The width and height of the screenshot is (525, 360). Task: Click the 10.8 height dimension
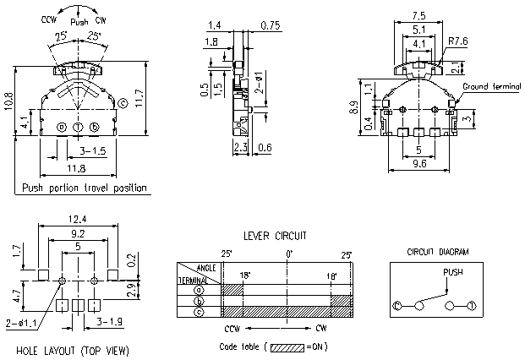tap(8, 101)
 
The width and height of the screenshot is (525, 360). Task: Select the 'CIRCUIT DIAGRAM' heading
tap(438, 252)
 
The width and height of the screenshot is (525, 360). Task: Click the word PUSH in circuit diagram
tap(453, 272)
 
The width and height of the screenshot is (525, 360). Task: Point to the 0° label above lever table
tap(288, 254)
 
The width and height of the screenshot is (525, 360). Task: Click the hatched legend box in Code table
tap(287, 346)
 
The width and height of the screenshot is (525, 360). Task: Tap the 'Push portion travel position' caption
tap(85, 188)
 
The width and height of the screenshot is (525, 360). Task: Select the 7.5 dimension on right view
tap(418, 15)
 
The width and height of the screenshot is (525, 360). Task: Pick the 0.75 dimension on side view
tap(271, 25)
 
